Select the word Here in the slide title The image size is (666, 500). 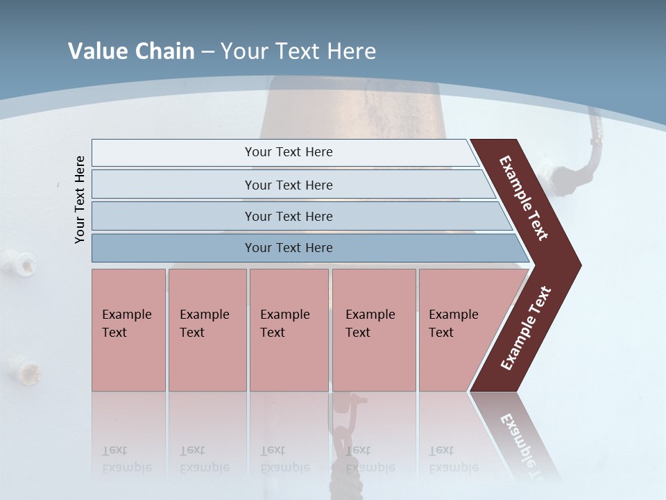pos(351,51)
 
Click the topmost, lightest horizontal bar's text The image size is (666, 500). pos(289,152)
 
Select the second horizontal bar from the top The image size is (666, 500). pos(289,185)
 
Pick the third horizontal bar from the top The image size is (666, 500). pos(289,216)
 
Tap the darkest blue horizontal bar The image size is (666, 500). pos(289,248)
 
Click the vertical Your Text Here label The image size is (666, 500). pos(80,199)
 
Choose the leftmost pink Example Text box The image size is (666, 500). pos(128,330)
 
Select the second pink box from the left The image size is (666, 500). pos(207,330)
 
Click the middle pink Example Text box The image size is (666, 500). pos(289,330)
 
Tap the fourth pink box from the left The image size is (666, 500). pos(373,330)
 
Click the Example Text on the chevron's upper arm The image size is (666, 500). pos(524,198)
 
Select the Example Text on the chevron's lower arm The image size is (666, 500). pos(526,328)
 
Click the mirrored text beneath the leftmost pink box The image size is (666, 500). pos(126,459)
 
